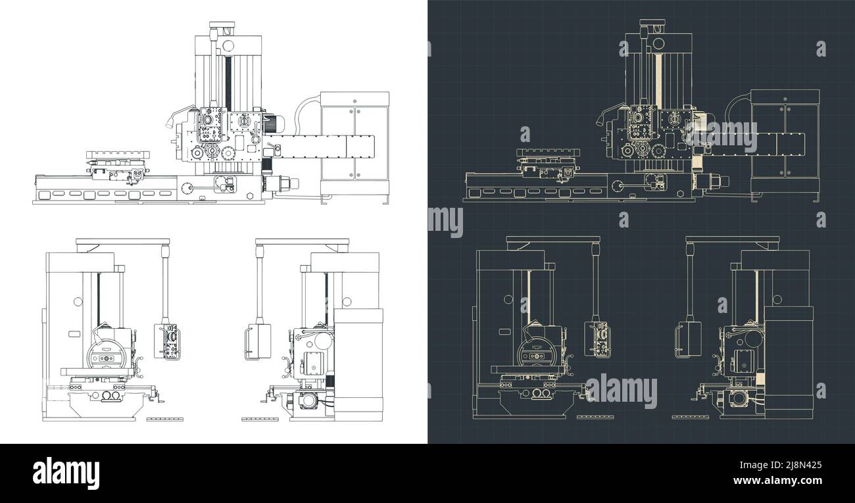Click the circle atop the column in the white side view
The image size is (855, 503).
tap(228, 45)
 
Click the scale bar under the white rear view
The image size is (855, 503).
tap(258, 418)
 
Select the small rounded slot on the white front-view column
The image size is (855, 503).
tap(74, 335)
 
